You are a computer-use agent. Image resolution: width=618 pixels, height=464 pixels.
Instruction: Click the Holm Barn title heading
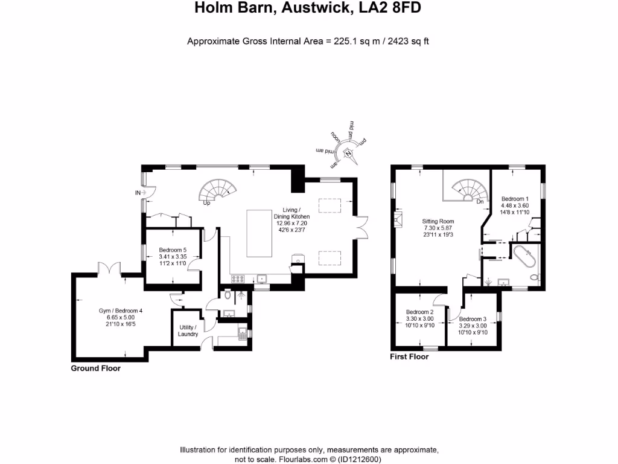(308, 8)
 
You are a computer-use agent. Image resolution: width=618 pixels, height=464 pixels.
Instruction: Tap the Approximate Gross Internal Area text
(308, 42)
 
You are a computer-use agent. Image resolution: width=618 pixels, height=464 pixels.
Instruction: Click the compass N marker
(348, 153)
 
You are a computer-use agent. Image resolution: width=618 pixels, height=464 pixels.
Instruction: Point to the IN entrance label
(138, 193)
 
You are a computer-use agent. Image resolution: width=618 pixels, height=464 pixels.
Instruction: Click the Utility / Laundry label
(188, 330)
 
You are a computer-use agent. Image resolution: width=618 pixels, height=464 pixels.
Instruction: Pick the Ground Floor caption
(96, 368)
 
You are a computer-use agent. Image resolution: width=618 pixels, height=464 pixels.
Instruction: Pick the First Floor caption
(409, 356)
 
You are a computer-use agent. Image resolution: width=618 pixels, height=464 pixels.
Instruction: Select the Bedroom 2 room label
(419, 318)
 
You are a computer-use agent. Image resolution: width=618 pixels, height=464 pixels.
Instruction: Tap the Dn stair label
(480, 202)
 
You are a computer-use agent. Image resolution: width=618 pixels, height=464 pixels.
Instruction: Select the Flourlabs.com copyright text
(308, 459)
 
